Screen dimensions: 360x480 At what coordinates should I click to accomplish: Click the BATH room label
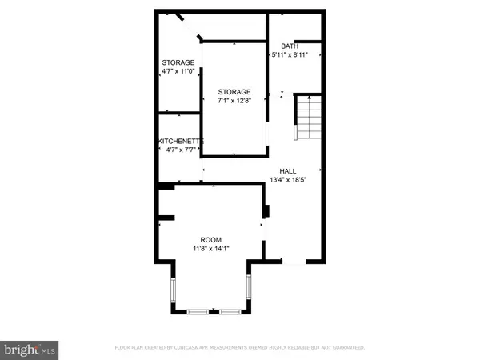click(290, 46)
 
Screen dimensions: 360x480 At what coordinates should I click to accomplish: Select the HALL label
click(288, 171)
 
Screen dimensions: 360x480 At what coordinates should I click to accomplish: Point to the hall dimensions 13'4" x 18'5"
click(293, 181)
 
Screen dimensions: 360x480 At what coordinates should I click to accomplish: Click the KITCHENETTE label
click(180, 141)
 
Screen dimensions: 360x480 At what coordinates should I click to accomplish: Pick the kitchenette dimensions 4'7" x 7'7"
click(180, 150)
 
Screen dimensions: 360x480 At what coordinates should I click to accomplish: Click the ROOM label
click(211, 240)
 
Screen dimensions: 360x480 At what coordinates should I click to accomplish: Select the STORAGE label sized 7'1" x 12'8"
click(234, 92)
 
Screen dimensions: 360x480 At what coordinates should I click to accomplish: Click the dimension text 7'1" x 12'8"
click(234, 102)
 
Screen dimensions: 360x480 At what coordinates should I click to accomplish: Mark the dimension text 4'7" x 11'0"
click(178, 72)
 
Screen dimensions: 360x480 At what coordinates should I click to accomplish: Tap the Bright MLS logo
click(30, 349)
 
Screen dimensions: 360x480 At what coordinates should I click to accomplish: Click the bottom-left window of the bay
click(196, 310)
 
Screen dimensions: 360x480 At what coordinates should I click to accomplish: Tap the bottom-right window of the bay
click(229, 310)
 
